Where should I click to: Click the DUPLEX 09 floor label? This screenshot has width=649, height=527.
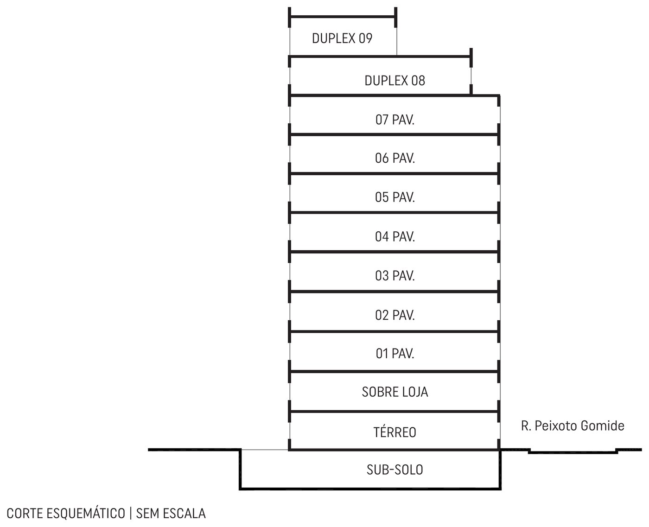(x=342, y=38)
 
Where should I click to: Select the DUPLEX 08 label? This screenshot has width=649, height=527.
(x=394, y=81)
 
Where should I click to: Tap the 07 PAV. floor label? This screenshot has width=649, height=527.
(x=395, y=120)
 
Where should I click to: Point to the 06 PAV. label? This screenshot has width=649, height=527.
(x=395, y=159)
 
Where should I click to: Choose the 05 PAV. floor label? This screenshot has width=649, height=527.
(x=395, y=197)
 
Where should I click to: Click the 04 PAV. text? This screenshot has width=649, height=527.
(x=395, y=237)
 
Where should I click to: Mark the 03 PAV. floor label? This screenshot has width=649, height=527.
(x=395, y=276)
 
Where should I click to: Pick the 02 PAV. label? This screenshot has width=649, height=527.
(x=395, y=315)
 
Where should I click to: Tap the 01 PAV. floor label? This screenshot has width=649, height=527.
(x=395, y=354)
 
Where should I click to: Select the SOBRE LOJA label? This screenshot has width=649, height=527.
(x=395, y=392)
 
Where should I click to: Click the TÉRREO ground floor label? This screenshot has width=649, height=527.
(x=395, y=432)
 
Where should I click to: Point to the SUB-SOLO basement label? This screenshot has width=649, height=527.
(x=395, y=470)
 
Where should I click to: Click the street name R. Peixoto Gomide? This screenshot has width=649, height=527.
(x=573, y=426)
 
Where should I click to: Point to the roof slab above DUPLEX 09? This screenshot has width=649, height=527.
(x=343, y=17)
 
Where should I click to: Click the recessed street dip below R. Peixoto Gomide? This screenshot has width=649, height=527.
(x=573, y=453)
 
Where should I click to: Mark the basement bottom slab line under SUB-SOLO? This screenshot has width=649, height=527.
(x=370, y=489)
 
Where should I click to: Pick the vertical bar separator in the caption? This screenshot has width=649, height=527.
(x=131, y=514)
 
